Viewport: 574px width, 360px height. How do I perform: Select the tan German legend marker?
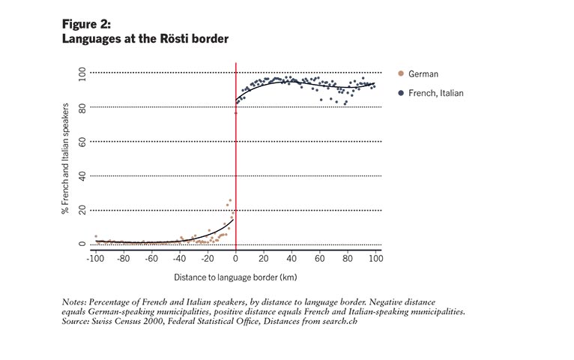(402, 73)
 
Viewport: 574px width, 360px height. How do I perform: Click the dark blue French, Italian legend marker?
(402, 93)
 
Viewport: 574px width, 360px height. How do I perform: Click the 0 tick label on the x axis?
(236, 257)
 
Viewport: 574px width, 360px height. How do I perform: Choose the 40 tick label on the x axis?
(292, 257)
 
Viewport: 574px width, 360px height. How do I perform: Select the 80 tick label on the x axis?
(348, 257)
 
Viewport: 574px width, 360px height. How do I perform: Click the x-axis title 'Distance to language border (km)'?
(236, 277)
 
